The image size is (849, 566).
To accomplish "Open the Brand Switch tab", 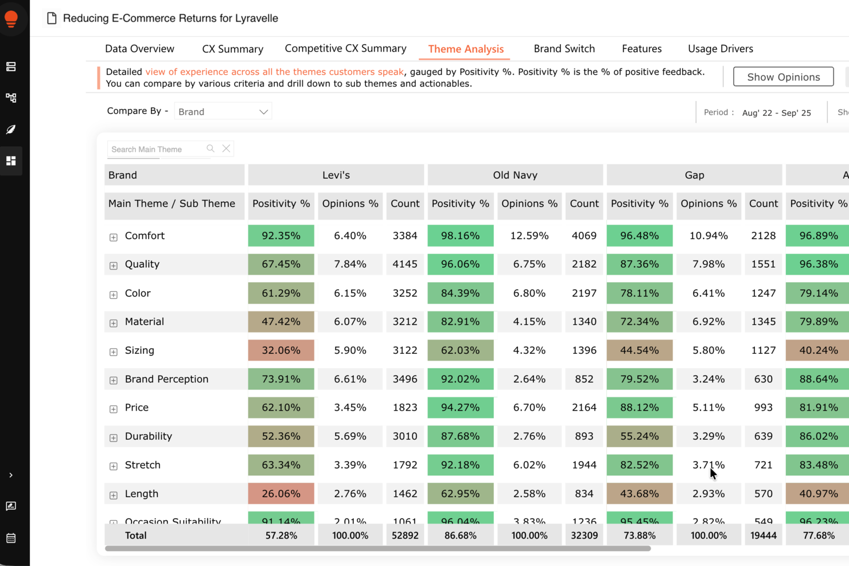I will pos(564,49).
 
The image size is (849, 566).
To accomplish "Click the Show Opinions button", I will pos(783,77).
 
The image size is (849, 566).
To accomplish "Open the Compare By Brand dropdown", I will pos(223,112).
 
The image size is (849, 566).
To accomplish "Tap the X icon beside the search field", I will pos(227,149).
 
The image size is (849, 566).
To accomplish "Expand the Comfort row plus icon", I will pos(114,237).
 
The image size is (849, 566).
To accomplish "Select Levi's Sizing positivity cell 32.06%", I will pos(281,350).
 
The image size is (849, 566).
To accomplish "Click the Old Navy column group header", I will pos(515,175).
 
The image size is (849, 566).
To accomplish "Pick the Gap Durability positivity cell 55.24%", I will pos(639,436).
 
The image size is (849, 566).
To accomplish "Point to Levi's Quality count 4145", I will pos(404,264).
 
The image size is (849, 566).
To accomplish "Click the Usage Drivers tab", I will pos(720,49).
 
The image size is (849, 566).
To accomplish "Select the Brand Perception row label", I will pos(166,379).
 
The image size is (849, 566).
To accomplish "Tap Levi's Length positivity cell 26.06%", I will pos(281,494).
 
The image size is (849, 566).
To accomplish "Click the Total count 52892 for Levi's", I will pos(404,536).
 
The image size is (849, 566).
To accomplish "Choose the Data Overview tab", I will pos(139,49).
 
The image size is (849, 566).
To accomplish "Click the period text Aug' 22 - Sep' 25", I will pos(776,113).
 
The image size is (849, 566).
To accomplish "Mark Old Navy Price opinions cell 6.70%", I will pos(529,408).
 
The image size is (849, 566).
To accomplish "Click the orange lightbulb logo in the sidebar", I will pos(11,18).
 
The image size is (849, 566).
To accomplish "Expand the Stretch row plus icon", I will pos(114,466).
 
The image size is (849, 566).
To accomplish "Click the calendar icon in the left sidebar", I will pos(11,538).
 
